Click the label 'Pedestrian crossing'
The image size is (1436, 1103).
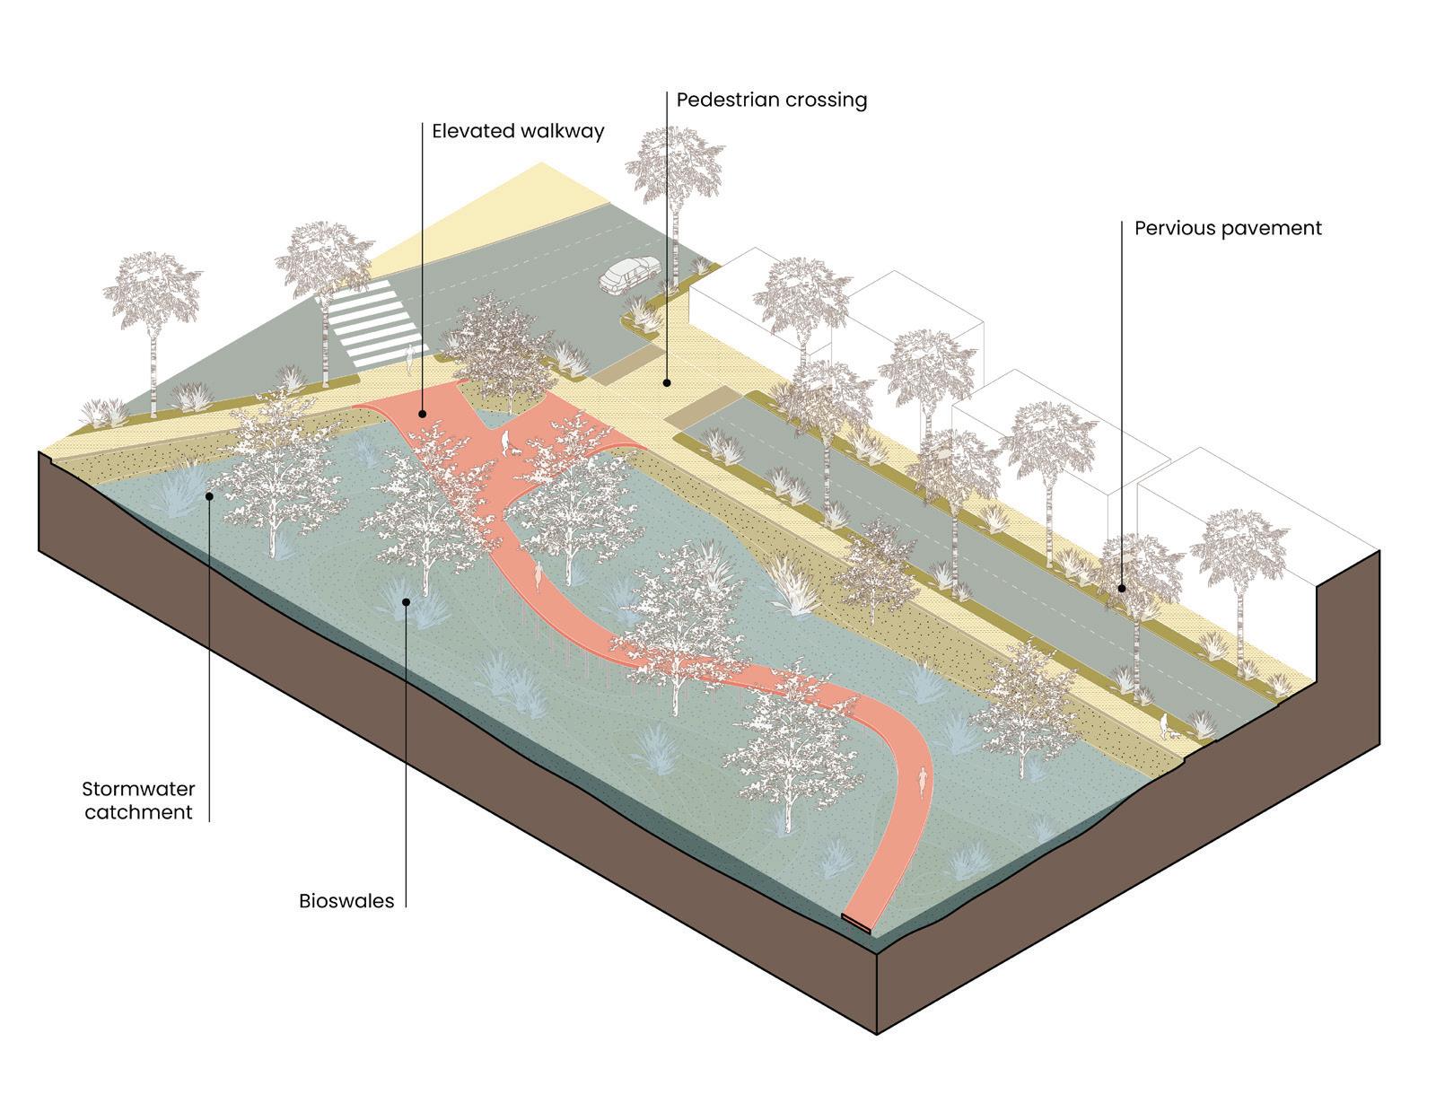(x=771, y=100)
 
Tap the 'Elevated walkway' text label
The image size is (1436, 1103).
(x=518, y=131)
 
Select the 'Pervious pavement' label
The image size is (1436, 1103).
(x=1227, y=228)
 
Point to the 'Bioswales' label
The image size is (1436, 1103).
(x=346, y=901)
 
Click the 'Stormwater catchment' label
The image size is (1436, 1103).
(x=138, y=801)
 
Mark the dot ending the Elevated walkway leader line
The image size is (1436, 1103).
(x=422, y=414)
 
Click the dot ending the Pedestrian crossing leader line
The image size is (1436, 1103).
(x=667, y=383)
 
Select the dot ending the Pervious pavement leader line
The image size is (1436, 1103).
(x=1122, y=589)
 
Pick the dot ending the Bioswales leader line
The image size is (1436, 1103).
(x=407, y=601)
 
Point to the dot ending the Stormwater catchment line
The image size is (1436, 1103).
(x=209, y=494)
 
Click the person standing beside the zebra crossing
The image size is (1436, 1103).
(x=411, y=358)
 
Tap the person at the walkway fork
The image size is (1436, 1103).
(x=505, y=441)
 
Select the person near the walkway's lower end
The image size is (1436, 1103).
(x=922, y=779)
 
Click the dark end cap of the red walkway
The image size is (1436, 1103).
(x=859, y=922)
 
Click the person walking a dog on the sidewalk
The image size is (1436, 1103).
(x=1164, y=725)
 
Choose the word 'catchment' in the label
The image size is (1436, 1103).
(x=138, y=812)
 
